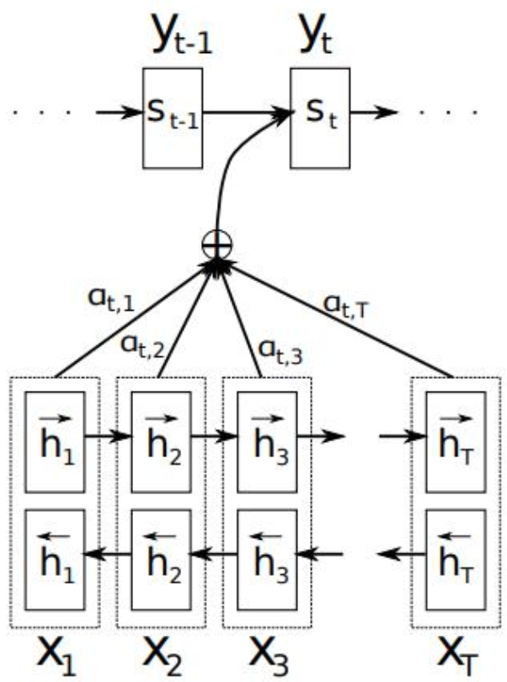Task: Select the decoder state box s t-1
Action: point(173,118)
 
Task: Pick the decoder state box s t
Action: point(320,118)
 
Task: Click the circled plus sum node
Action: point(217,245)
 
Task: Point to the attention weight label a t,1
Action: point(111,300)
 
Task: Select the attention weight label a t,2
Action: point(143,346)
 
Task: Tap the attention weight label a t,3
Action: point(280,351)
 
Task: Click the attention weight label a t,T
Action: point(346,306)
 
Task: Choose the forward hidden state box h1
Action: point(55,442)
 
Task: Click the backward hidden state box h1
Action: point(55,560)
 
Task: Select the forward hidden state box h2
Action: point(162,442)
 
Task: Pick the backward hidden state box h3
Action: point(267,560)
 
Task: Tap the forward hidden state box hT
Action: point(456,442)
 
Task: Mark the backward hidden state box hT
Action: point(456,560)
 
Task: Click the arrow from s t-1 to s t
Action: point(247,113)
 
